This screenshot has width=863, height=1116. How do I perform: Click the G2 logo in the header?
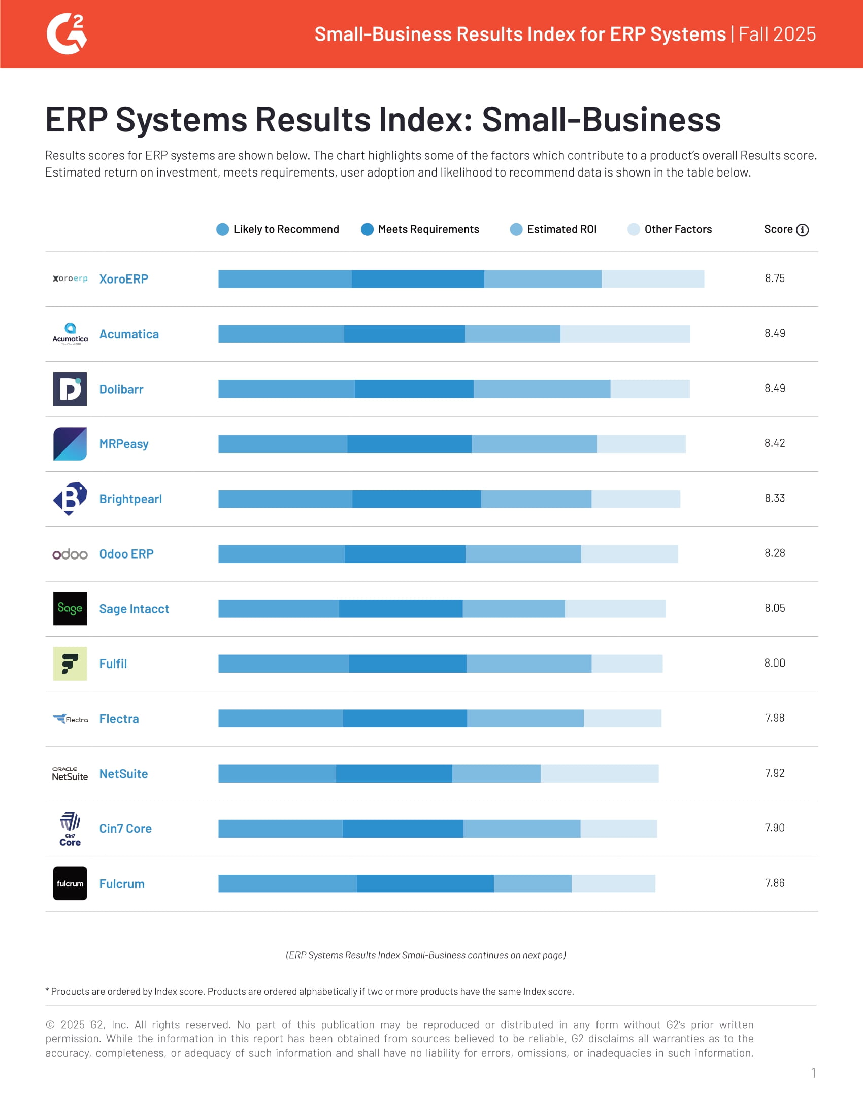click(x=67, y=34)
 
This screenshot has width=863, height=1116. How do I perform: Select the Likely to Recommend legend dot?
click(x=222, y=229)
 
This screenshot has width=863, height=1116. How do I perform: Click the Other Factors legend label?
click(x=677, y=229)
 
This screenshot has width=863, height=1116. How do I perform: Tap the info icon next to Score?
click(x=802, y=230)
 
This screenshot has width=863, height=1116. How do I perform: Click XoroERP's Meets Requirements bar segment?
click(x=418, y=279)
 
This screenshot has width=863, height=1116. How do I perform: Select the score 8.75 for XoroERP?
click(x=774, y=278)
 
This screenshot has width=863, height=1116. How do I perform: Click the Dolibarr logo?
click(x=70, y=389)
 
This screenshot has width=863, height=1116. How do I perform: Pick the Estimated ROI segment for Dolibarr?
click(x=542, y=389)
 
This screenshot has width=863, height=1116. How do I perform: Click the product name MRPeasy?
click(x=124, y=444)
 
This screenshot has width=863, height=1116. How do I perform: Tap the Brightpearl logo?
click(x=70, y=499)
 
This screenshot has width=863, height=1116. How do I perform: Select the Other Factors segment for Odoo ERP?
click(x=629, y=554)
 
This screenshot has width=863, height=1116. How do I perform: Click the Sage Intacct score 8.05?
click(x=774, y=608)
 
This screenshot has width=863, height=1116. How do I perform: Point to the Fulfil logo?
click(x=70, y=664)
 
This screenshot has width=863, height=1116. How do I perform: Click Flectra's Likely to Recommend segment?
click(x=280, y=718)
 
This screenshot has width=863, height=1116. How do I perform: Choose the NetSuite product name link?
click(x=123, y=774)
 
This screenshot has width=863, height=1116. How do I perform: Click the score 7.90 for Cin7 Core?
click(x=774, y=828)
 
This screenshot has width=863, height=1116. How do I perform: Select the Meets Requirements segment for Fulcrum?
click(x=425, y=884)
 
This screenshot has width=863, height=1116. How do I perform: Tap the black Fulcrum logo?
click(x=70, y=884)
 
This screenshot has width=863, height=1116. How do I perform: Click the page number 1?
click(x=813, y=1072)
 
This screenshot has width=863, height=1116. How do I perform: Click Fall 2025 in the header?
click(x=777, y=34)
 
